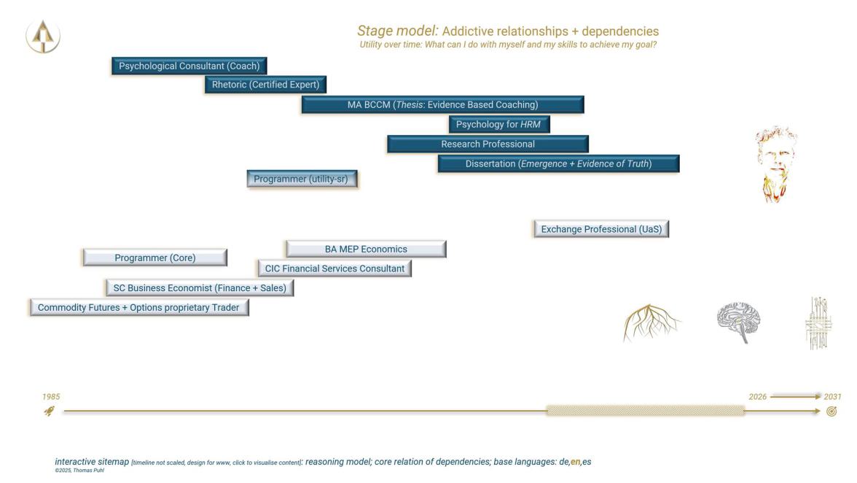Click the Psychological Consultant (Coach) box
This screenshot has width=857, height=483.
coord(189,66)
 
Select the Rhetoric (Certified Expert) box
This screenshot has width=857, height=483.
coord(265,85)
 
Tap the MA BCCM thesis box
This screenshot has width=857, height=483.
coord(442,104)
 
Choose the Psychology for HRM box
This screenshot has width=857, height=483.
coord(498,124)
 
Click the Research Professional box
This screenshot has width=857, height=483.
coord(488,144)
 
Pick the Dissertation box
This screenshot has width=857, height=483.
coord(558,163)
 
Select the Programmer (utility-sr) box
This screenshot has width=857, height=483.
coord(302,179)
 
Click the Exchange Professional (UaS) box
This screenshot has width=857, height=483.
coord(601,229)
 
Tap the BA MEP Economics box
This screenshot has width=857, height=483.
coord(366,249)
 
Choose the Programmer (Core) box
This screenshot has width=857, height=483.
coord(155,258)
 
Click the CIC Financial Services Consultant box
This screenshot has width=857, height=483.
coord(334,268)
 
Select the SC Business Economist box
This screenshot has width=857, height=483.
coord(200,288)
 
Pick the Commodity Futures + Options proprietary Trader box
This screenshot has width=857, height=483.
coord(139,308)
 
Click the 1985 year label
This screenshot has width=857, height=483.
coord(51,397)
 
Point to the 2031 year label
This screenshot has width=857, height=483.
coord(832,397)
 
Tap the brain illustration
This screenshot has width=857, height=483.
coord(739,322)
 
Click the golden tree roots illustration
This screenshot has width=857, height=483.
coord(651,322)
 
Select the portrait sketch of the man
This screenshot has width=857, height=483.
coord(775,165)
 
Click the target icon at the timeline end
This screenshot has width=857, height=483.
coord(831,411)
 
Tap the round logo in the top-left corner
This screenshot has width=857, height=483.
coord(43,36)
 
